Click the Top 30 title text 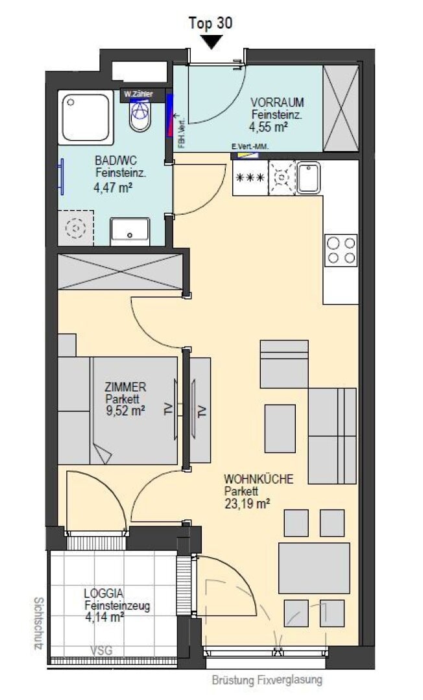(211, 23)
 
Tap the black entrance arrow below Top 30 (211, 42)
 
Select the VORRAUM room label (277, 102)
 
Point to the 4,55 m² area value (268, 127)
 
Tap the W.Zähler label (138, 94)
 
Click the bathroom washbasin (130, 231)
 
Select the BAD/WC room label (115, 160)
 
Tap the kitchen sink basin (309, 178)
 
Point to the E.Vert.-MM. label (250, 146)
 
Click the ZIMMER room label (125, 386)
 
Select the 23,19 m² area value (247, 504)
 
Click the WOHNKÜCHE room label (259, 479)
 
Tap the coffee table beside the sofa (280, 428)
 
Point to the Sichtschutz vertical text (39, 624)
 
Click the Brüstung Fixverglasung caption (267, 681)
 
